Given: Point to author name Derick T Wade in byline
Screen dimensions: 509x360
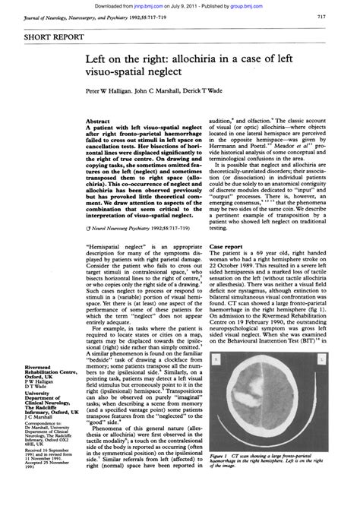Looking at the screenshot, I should pyautogui.click(x=221, y=88).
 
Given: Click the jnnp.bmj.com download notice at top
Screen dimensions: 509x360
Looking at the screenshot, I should pyautogui.click(x=180, y=5).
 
